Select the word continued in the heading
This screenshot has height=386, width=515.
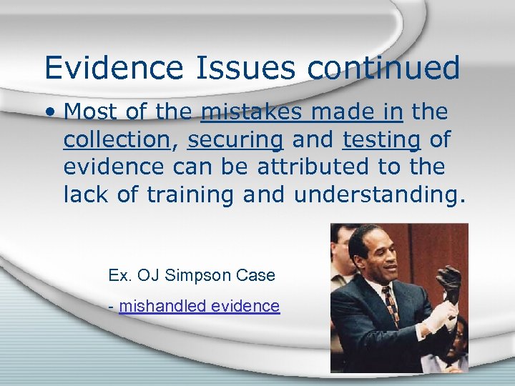coord(384,69)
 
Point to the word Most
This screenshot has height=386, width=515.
coord(92,112)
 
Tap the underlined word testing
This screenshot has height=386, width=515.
coord(381,140)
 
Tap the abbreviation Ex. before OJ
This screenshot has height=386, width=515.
coord(119,275)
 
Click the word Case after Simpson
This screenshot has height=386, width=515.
coord(257,275)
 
